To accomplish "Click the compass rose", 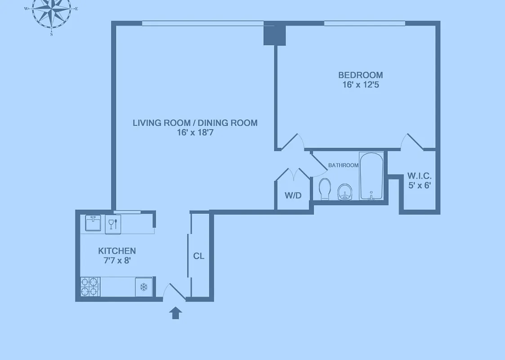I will click(52, 11).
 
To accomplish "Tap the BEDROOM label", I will click(360, 75).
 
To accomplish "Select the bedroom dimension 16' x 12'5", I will click(360, 85).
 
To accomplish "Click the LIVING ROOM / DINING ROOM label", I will click(195, 123).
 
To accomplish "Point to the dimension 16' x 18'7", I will click(195, 133).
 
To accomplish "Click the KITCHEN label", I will click(117, 251).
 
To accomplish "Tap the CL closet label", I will click(199, 256).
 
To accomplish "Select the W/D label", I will click(293, 196).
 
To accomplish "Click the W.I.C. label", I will click(419, 175).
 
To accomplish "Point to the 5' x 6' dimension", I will click(419, 185).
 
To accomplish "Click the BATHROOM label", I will click(343, 165).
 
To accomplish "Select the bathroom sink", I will click(344, 192).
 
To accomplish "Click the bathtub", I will click(371, 176).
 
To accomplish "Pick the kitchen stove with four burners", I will click(90, 287).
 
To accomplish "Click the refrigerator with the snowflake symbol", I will click(144, 287).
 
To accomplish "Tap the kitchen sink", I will click(94, 223).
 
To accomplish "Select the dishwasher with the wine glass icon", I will click(112, 223).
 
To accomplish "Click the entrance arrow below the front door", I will click(176, 313).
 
